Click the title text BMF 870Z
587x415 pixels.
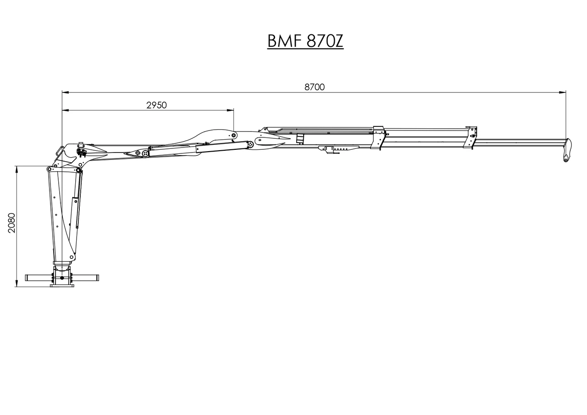click(305, 41)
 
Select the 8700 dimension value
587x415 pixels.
click(315, 87)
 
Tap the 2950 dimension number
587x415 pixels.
click(156, 105)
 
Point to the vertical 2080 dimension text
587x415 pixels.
click(12, 223)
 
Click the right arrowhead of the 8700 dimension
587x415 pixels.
click(562, 92)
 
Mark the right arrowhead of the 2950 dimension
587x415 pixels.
click(230, 110)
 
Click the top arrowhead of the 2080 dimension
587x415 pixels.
click(17, 169)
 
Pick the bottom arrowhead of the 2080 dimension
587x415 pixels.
click(17, 284)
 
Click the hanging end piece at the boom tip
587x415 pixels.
click(568, 150)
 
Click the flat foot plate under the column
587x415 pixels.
click(62, 286)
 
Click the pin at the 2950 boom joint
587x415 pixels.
click(233, 135)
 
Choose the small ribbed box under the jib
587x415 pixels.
click(300, 138)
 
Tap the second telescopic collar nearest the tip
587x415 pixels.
click(470, 137)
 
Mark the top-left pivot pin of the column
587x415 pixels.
click(49, 169)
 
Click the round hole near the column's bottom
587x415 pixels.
click(62, 278)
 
